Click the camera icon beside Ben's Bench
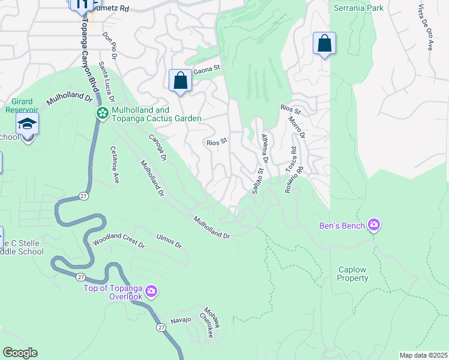pos(374,225)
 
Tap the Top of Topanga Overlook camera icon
pos(151,292)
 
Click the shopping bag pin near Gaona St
pos(180,80)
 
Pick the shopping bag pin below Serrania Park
pos(324,43)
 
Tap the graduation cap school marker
pos(28,124)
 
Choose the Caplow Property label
pos(352,274)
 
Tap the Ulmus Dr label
pos(169,241)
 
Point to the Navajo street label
pos(180,320)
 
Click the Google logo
pos(20,353)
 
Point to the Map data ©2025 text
pos(423,355)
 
